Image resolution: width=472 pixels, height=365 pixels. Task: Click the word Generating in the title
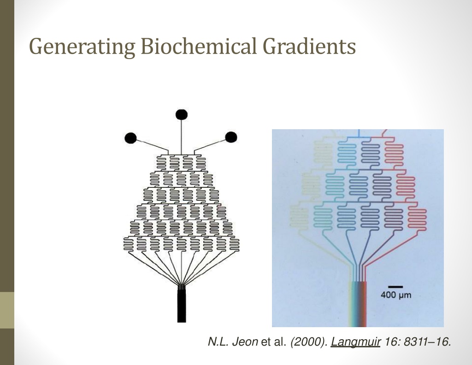coord(82,47)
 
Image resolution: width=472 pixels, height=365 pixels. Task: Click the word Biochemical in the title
coord(199,46)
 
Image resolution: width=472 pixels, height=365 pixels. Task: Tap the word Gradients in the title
coord(309,46)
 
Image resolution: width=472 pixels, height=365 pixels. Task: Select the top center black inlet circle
coord(182,114)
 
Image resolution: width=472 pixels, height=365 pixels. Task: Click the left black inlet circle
coord(130,138)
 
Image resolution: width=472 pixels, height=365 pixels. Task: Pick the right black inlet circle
coord(231,137)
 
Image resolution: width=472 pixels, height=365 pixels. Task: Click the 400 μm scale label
coord(396,295)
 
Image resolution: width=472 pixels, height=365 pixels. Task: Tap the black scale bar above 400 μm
coord(395,287)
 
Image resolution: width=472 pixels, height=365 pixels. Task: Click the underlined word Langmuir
coord(355,342)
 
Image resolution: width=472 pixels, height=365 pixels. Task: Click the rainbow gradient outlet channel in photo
coord(358,304)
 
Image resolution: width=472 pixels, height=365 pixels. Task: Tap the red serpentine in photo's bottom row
coord(417,219)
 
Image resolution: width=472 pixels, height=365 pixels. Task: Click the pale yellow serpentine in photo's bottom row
coord(299,218)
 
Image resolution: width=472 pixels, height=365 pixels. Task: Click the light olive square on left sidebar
coord(7,310)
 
